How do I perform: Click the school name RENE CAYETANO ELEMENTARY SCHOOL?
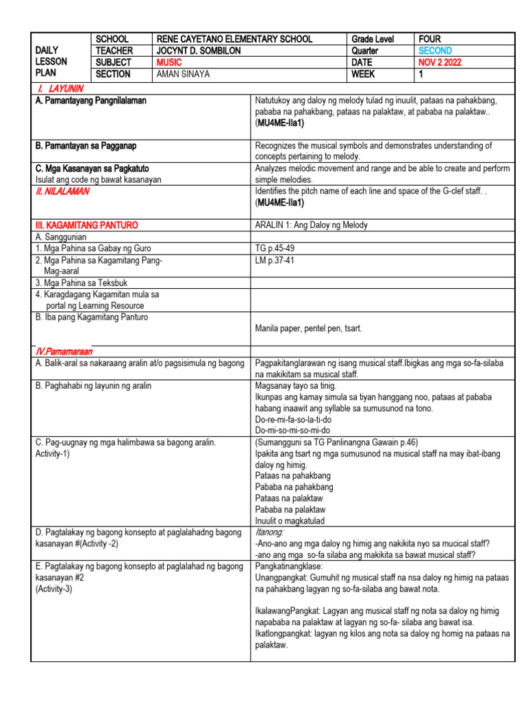[x=234, y=39]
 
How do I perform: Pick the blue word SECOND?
[x=436, y=51]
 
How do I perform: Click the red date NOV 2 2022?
[x=440, y=62]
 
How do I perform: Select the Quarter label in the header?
[x=365, y=51]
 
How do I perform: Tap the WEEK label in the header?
[x=364, y=74]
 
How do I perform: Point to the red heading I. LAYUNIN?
[x=61, y=88]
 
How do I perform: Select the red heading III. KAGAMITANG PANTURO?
[x=86, y=225]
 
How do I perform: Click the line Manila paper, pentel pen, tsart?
[x=308, y=328]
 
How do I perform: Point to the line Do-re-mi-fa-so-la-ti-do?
[x=293, y=419]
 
